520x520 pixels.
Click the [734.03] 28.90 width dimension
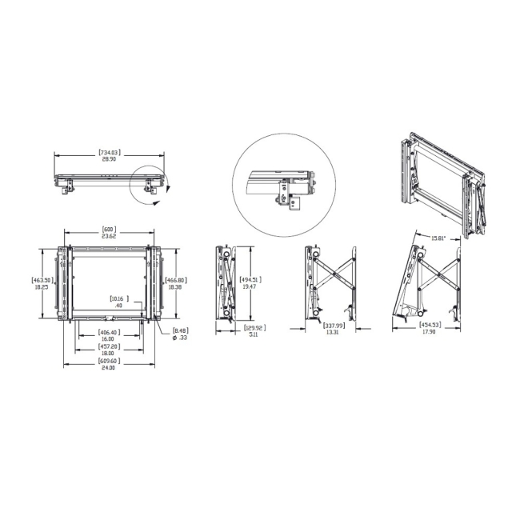(x=109, y=155)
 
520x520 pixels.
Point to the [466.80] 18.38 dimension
(x=176, y=283)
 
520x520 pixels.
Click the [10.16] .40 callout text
(x=118, y=302)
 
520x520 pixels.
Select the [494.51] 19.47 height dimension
(x=250, y=282)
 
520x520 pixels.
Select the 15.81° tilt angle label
(x=438, y=238)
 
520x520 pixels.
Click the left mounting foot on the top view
(x=68, y=188)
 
